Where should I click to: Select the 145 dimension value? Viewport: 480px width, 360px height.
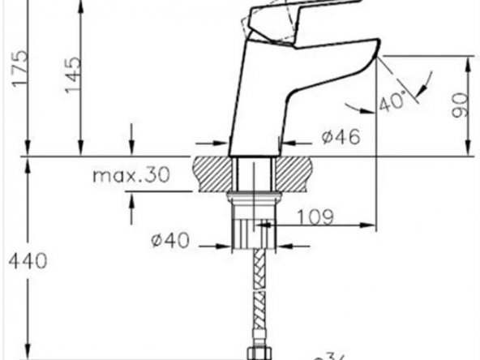pos(73,75)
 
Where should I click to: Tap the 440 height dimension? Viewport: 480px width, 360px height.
pos(28,260)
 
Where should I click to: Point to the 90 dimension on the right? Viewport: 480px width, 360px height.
pos(460,105)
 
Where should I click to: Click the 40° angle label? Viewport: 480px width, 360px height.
pos(392,103)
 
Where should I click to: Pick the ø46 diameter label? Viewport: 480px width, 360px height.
pos(341,137)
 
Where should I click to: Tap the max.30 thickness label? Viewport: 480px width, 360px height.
pos(130,176)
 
